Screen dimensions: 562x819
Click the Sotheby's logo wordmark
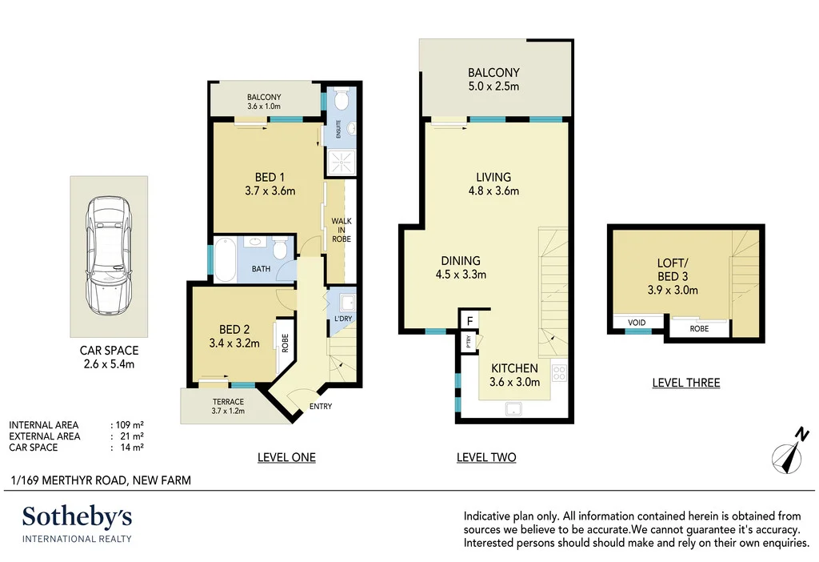[77, 516]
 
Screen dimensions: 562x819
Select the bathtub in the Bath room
[224, 258]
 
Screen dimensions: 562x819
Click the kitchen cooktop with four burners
[558, 372]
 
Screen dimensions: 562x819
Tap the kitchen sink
[513, 410]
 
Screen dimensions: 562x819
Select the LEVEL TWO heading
[486, 457]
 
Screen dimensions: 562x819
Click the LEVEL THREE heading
[686, 383]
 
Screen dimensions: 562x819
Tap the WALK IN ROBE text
[342, 230]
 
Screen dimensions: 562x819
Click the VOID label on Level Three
[637, 323]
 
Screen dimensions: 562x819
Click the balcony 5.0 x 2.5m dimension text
[493, 86]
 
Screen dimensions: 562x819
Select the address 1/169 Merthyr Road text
[101, 480]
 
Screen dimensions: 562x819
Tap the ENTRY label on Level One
[321, 407]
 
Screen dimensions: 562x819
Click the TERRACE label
[228, 401]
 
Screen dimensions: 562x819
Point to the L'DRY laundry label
[342, 320]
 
